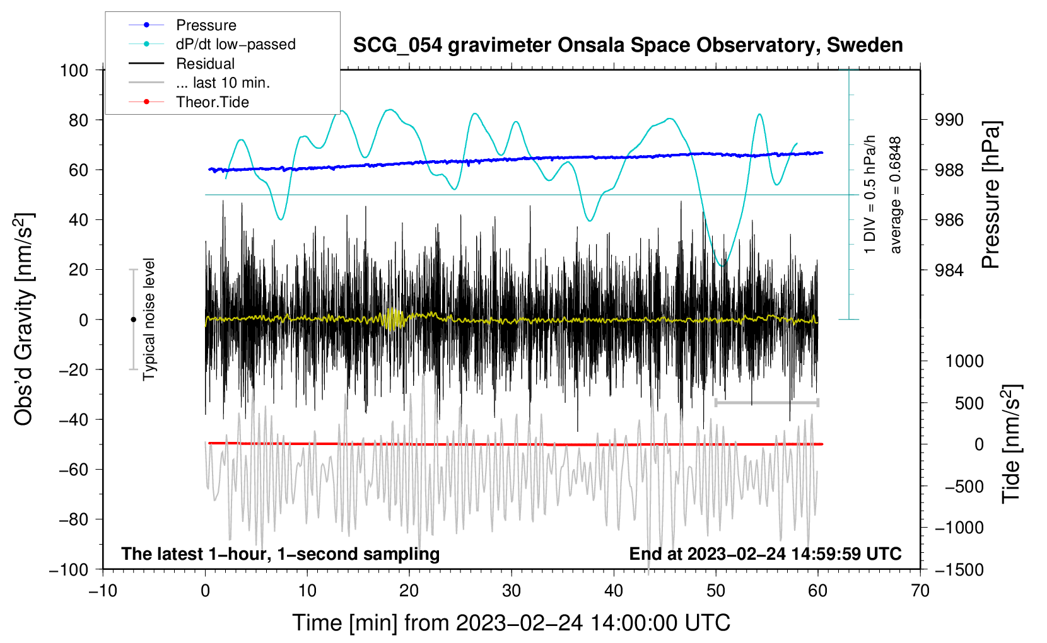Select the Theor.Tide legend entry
tap(212, 102)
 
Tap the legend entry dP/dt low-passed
tap(235, 44)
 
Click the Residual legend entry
tap(205, 64)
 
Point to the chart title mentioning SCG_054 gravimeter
tap(628, 45)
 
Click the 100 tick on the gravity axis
tap(74, 70)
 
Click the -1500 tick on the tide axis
tap(959, 569)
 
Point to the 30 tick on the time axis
tap(512, 591)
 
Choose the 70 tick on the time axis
tap(920, 591)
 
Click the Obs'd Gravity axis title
tap(24, 319)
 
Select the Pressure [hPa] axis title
tap(991, 195)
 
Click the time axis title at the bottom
tap(511, 623)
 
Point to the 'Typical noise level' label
tap(149, 319)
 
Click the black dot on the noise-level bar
tap(133, 320)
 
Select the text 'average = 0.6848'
tap(896, 195)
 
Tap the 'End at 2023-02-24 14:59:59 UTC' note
tap(765, 553)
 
